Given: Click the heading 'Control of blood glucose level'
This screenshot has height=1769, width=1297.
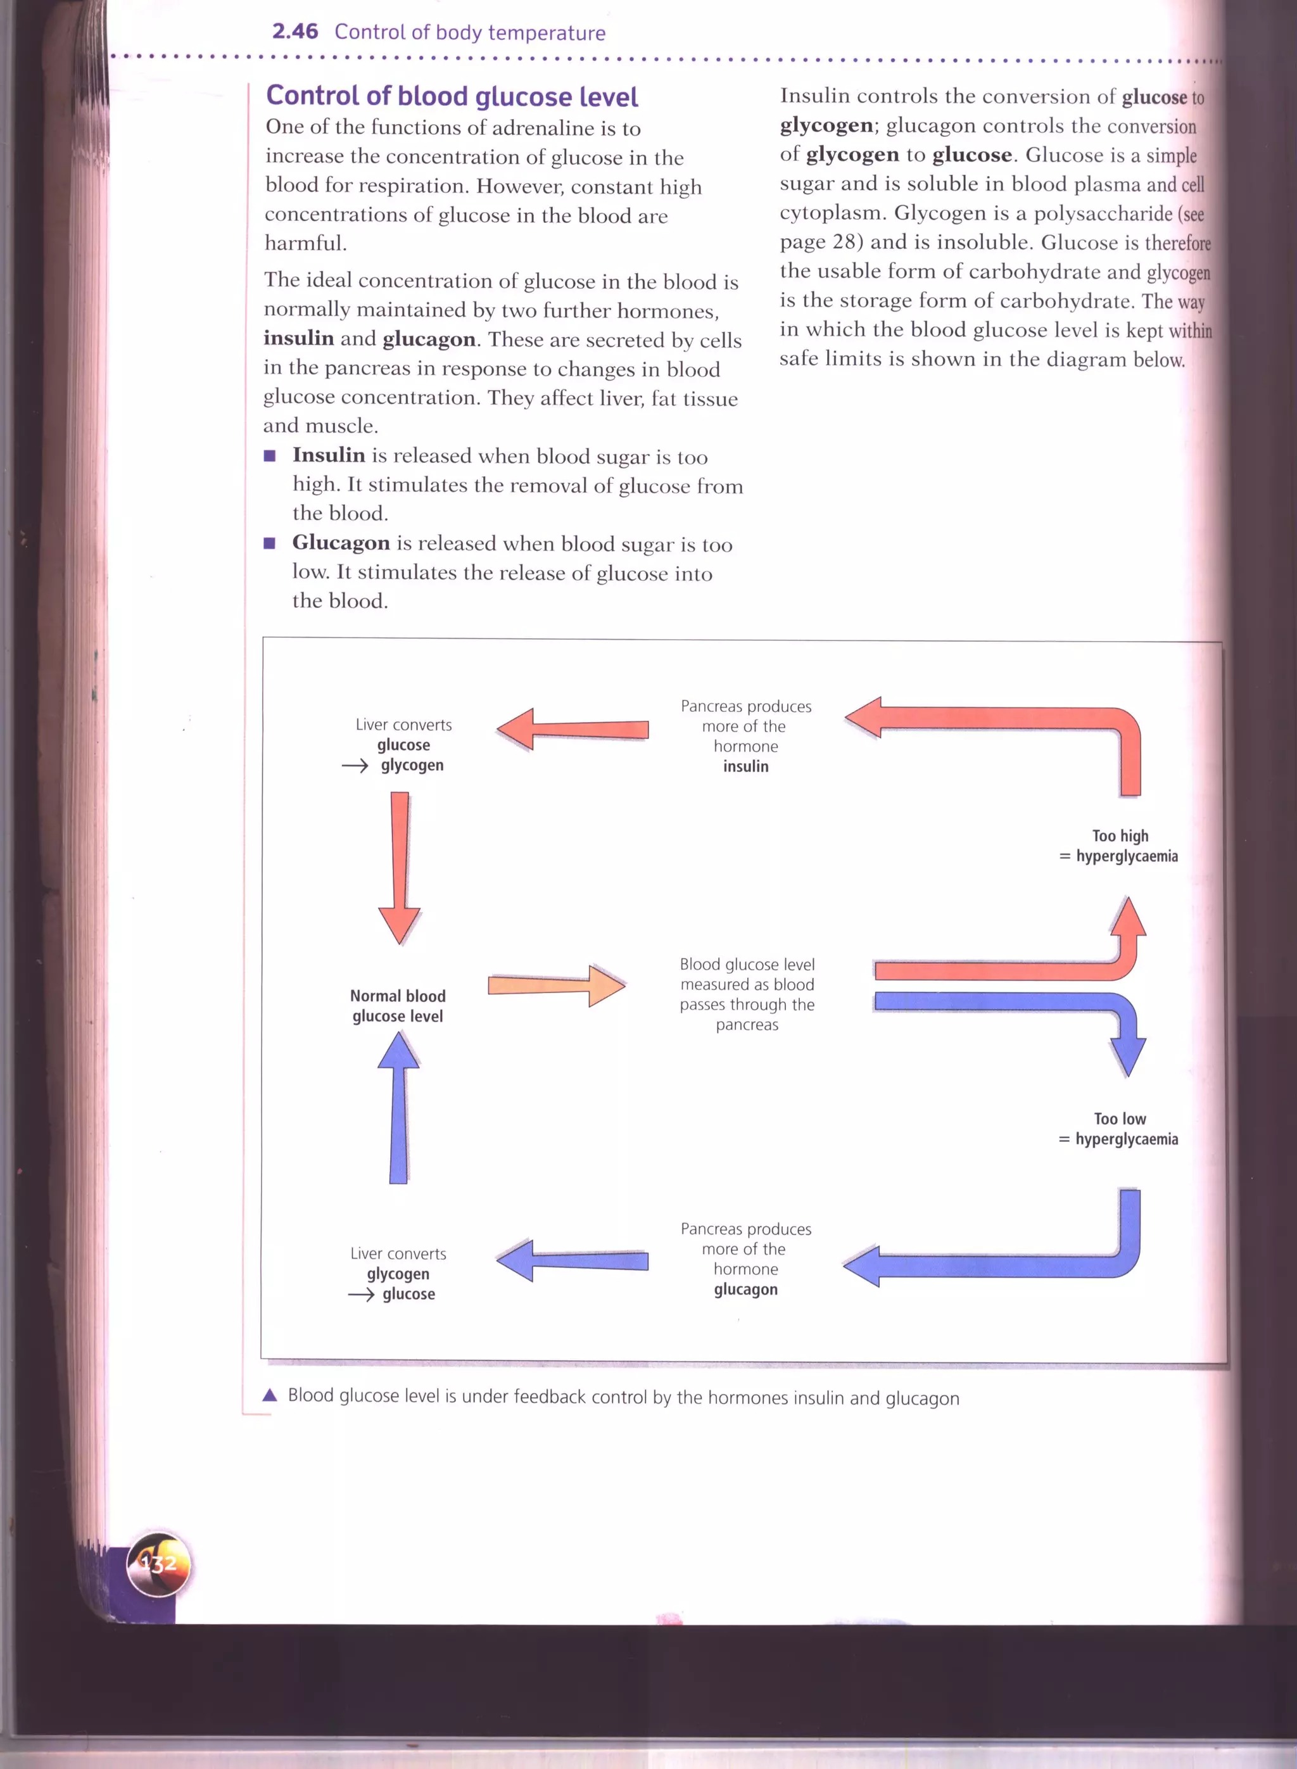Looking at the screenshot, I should pyautogui.click(x=452, y=96).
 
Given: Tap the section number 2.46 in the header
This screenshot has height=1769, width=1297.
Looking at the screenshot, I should pyautogui.click(x=294, y=32).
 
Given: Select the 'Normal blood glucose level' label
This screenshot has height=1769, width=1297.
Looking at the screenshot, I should pyautogui.click(x=398, y=1006).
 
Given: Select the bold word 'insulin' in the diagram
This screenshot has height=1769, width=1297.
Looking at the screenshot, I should pyautogui.click(x=746, y=766).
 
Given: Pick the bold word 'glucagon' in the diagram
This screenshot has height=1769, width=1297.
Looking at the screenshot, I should pyautogui.click(x=746, y=1290).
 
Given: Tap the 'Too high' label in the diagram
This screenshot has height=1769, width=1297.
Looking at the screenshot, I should pyautogui.click(x=1120, y=836).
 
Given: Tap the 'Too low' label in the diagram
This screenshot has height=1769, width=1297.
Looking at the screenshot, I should pyautogui.click(x=1120, y=1119).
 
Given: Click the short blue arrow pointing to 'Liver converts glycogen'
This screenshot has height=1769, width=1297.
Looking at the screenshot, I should pyautogui.click(x=573, y=1261).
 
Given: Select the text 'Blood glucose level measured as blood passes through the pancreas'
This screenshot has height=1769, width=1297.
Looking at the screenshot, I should pyautogui.click(x=747, y=994).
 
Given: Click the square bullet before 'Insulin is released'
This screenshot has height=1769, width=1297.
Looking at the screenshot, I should pyautogui.click(x=270, y=456).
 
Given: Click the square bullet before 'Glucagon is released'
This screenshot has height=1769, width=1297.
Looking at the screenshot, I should pyautogui.click(x=270, y=543).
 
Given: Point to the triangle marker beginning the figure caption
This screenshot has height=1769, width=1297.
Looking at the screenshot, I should pyautogui.click(x=270, y=1395).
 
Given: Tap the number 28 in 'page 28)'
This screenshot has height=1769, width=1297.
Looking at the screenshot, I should pyautogui.click(x=846, y=242).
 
